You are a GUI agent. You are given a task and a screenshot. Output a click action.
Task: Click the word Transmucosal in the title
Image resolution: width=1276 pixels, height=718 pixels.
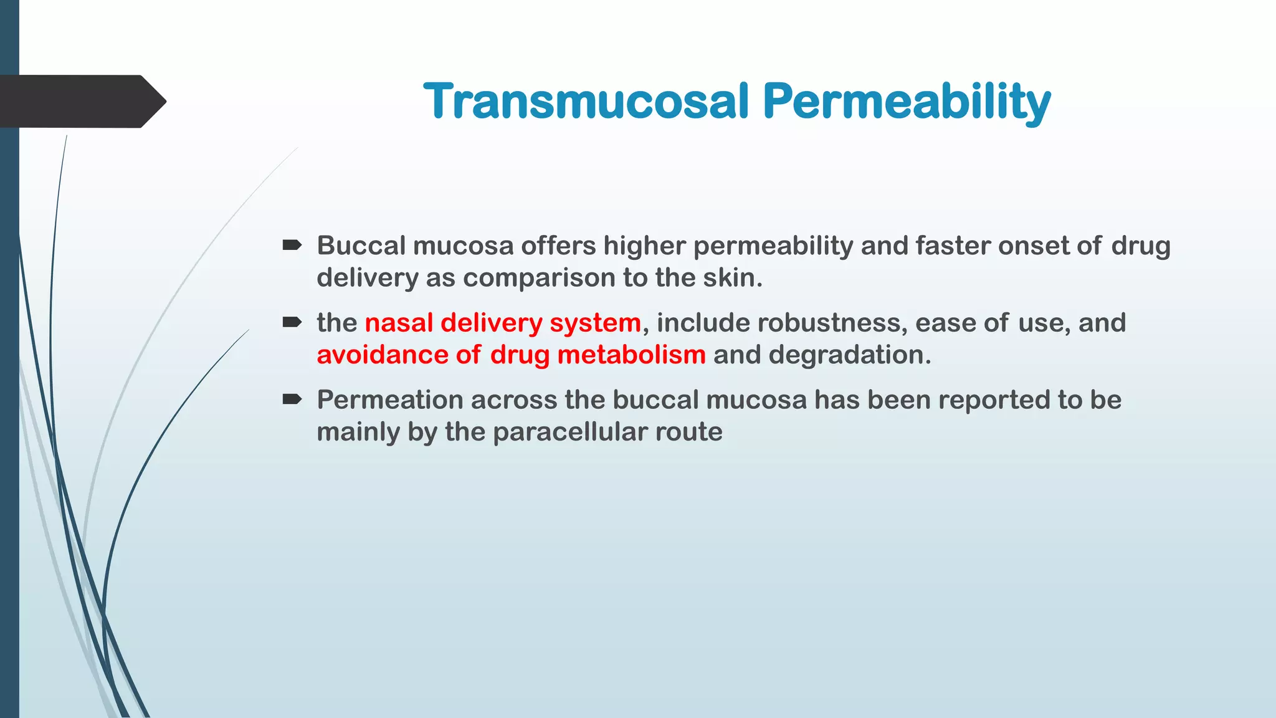pyautogui.click(x=586, y=101)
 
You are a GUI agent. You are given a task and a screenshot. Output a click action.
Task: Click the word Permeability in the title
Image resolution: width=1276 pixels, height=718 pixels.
pyautogui.click(x=907, y=103)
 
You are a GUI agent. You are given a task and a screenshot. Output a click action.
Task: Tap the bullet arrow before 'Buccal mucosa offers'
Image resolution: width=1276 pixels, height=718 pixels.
pyautogui.click(x=292, y=245)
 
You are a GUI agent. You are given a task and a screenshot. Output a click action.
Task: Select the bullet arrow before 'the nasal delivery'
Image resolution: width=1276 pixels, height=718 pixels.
pyautogui.click(x=292, y=322)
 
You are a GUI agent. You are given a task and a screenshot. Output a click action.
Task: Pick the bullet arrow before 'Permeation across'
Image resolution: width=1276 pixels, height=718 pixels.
pyautogui.click(x=292, y=399)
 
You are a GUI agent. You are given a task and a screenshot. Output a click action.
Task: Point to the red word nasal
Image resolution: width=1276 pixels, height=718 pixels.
pyautogui.click(x=398, y=323)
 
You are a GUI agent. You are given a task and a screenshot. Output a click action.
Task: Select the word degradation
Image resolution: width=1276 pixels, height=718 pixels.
pyautogui.click(x=849, y=355)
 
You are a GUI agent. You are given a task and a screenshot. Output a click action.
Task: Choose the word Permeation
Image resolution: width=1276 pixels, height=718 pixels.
pyautogui.click(x=389, y=400)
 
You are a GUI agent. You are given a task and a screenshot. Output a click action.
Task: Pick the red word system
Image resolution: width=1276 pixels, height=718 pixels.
pyautogui.click(x=595, y=323)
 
